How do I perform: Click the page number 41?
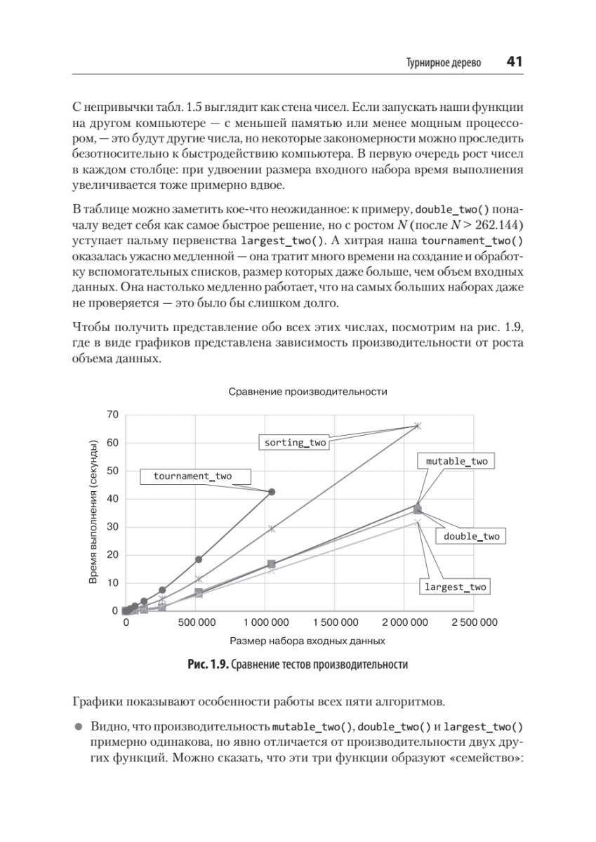coord(514,62)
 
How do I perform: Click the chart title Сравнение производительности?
coord(308,390)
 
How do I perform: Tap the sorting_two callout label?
coord(295,443)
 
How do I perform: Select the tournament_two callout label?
coord(192,476)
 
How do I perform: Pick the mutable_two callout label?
coord(456,461)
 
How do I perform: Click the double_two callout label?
coord(472,536)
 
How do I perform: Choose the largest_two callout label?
coord(455,587)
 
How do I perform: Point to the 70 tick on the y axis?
coord(112,415)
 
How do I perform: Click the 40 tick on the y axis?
coord(112,499)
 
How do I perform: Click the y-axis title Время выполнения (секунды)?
coord(93,513)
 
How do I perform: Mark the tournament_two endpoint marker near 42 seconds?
coord(272,492)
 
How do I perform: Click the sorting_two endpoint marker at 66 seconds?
coord(417,426)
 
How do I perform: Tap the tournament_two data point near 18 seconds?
coord(199,559)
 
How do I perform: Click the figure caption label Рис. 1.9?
coord(208,664)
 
